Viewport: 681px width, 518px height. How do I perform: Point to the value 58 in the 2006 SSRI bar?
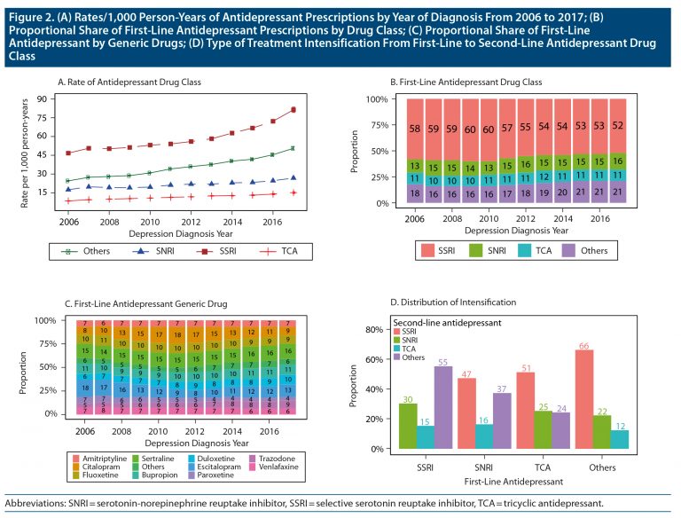pyautogui.click(x=413, y=129)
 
